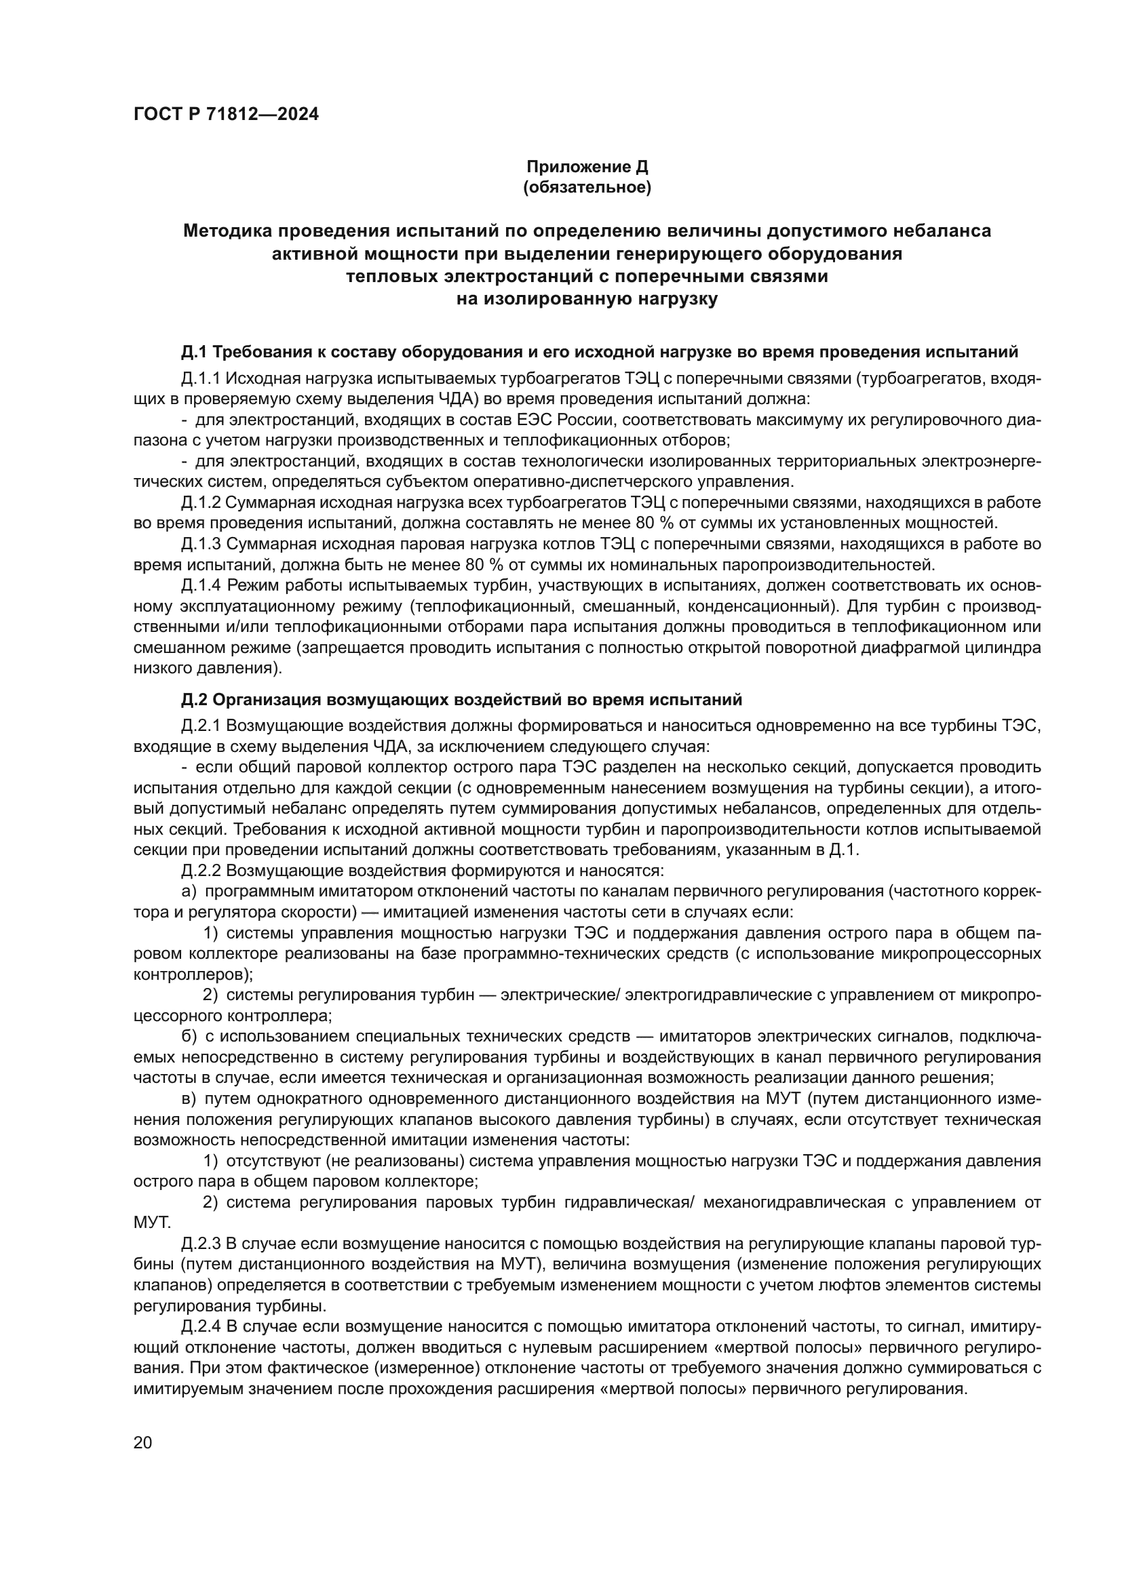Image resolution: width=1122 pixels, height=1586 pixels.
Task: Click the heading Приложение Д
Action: click(587, 167)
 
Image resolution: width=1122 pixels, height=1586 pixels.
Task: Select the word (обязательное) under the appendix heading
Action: click(587, 188)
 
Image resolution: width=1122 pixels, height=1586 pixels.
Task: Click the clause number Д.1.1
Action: click(201, 379)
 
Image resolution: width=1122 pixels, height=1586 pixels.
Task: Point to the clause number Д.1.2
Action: click(201, 502)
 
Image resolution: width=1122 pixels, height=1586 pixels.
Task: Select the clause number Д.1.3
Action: click(201, 544)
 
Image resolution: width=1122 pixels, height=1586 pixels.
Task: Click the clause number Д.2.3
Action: click(201, 1244)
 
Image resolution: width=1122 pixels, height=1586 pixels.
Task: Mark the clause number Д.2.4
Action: click(201, 1327)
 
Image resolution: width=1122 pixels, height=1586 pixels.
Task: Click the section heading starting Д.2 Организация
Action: click(461, 700)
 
